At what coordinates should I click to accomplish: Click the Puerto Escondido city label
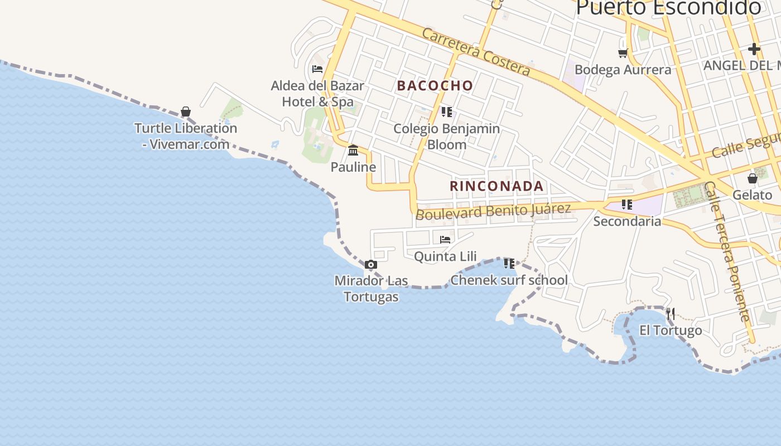point(668,8)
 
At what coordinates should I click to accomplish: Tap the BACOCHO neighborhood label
point(435,86)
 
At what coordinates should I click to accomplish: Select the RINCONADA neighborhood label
point(496,186)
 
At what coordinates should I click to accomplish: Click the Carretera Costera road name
point(475,52)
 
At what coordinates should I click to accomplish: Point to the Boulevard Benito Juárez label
point(494,211)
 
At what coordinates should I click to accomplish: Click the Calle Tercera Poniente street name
point(725,251)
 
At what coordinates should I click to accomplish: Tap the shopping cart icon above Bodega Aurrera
point(623,53)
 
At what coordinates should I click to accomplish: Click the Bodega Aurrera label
point(623,70)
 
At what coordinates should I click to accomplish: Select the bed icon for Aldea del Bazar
point(317,69)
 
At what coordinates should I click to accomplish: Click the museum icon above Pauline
point(353,151)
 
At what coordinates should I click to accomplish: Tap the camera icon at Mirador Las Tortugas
point(371,265)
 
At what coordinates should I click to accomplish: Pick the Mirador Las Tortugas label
point(371,288)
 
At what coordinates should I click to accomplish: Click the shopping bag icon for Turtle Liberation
point(186,112)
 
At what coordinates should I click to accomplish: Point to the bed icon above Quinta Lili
point(445,240)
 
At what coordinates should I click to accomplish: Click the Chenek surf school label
point(509,280)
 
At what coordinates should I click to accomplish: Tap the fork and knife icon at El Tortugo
point(671,314)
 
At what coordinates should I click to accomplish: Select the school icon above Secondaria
point(627,205)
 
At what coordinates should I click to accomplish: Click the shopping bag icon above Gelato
point(753,178)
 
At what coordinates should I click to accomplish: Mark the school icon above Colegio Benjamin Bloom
point(446,112)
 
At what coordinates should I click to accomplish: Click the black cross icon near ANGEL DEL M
point(754,49)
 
